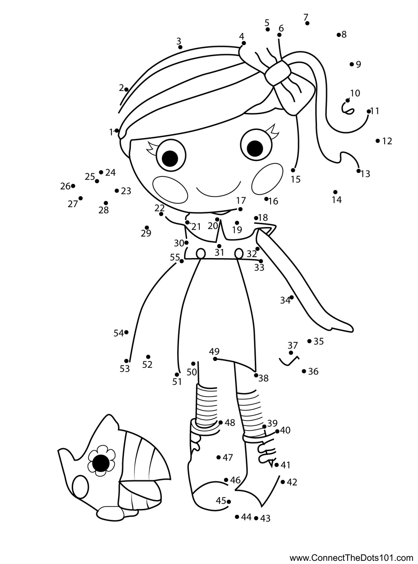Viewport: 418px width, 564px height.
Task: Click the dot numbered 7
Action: point(307,23)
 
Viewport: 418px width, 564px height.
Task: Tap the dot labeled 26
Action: point(73,186)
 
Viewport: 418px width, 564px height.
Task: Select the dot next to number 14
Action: point(335,192)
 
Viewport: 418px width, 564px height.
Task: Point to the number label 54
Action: point(119,333)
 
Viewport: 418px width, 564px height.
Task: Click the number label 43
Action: point(265,518)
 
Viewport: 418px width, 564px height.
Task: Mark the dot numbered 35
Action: point(309,341)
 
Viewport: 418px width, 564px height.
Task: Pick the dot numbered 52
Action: point(148,357)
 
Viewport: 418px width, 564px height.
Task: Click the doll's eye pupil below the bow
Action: point(255,148)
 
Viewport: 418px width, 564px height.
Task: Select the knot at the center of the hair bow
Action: point(278,72)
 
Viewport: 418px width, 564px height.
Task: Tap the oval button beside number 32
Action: point(239,254)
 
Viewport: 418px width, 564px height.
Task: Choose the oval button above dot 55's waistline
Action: point(201,254)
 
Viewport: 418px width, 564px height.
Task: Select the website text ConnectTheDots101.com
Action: point(351,556)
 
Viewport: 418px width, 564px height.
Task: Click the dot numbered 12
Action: point(377,141)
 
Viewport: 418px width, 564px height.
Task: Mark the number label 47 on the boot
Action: point(228,458)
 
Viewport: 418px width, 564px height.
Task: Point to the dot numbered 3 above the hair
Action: point(180,47)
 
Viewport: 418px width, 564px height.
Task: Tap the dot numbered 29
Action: point(147,227)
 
